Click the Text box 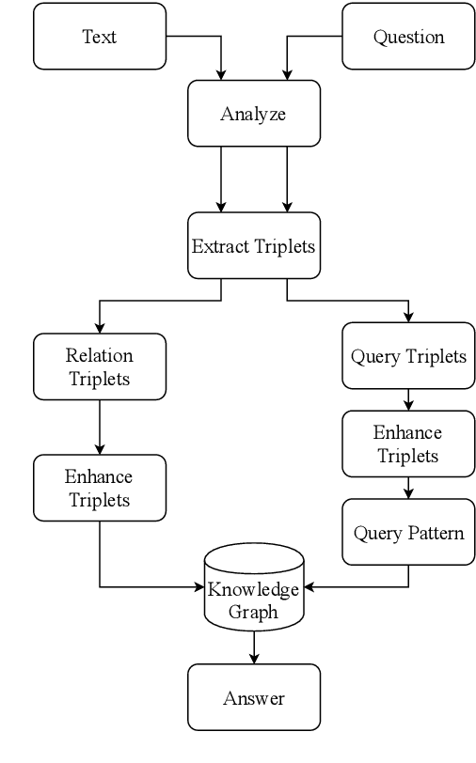99,37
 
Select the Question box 408,37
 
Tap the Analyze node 253,114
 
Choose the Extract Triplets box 253,246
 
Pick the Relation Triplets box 99,367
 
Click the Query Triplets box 408,356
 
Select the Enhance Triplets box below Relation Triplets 99,488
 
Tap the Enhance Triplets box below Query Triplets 408,444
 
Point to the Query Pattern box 408,533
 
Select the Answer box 253,697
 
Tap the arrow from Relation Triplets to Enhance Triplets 99,428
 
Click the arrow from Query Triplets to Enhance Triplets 408,399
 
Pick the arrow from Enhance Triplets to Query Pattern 408,489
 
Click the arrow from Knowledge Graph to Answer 253,646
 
